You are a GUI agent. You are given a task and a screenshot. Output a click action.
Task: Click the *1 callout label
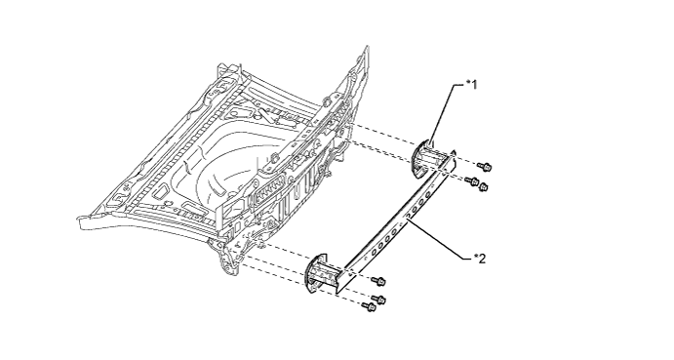(471, 85)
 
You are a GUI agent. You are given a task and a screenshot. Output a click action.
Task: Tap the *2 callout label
(479, 259)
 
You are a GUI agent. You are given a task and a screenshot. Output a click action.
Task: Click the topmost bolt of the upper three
(485, 167)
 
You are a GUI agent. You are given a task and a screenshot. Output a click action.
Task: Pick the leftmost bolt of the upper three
(472, 181)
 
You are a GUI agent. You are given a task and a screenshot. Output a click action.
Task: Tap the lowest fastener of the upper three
(484, 187)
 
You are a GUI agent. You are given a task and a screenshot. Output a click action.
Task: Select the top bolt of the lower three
(378, 281)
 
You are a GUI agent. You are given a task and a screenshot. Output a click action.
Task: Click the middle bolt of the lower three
(378, 299)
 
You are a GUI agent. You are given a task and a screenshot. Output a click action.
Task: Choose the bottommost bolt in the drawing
(369, 306)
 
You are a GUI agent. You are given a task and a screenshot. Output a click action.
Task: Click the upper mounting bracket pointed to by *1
(427, 158)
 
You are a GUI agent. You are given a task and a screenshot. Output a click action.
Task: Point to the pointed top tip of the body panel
(368, 46)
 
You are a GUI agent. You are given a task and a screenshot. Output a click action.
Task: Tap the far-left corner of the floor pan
(79, 219)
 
